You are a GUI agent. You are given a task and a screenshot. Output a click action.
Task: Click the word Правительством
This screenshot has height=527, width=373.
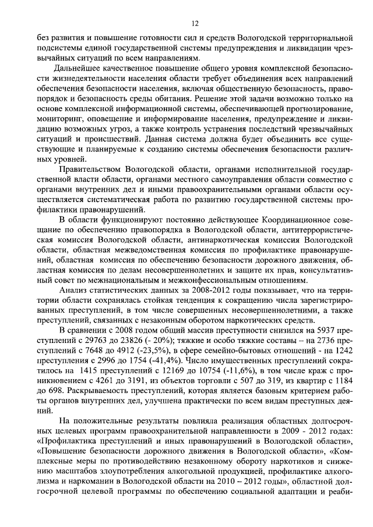pyautogui.click(x=92, y=169)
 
